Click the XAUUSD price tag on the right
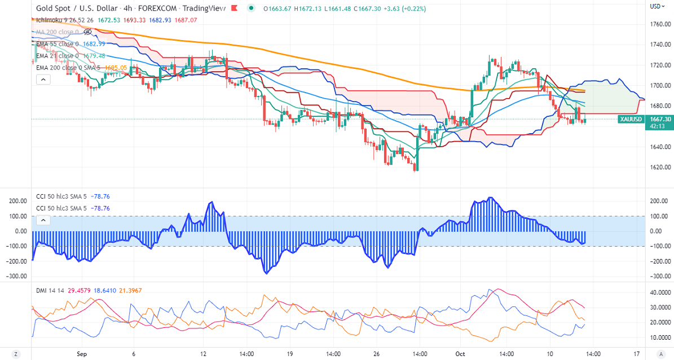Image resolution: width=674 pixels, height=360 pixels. [629, 119]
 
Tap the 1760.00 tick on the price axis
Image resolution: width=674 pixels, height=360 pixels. [659, 24]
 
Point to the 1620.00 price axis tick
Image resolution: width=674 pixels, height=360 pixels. [659, 168]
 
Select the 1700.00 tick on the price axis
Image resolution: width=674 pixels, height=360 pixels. [659, 86]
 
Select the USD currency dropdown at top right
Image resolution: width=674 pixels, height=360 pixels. [655, 6]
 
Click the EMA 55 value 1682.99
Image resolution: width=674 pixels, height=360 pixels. [94, 44]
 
